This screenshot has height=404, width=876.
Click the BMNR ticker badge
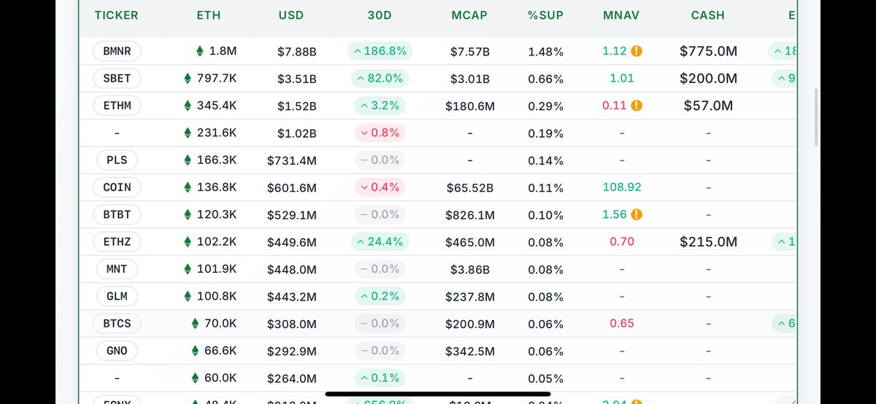coord(117,51)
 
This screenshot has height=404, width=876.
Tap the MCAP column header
coord(469,15)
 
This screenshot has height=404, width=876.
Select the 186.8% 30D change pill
coord(380,51)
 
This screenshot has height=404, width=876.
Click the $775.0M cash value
coord(708,51)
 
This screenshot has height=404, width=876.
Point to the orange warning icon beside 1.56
coord(637,214)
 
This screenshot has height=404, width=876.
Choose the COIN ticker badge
coord(117,187)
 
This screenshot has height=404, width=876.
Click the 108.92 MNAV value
coord(621,187)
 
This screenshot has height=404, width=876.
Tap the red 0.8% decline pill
coord(380,133)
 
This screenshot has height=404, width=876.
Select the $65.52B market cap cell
coord(469,187)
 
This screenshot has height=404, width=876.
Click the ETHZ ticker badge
coord(117,242)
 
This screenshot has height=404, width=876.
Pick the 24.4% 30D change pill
coord(380,242)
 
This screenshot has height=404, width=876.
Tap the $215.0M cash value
coord(708,242)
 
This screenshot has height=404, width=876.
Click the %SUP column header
coord(545,15)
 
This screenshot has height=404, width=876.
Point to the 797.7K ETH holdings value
coord(217,79)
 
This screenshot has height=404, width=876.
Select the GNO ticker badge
coord(117,351)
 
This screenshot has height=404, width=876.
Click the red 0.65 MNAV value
coord(621,324)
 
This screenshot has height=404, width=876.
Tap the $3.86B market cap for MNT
coord(469,269)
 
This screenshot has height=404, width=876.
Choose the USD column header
coord(291,15)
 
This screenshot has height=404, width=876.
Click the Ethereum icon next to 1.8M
coord(200,51)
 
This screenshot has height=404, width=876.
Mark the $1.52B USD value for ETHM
coord(296,106)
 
